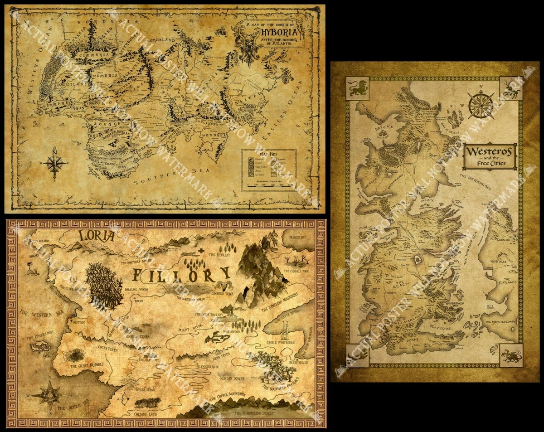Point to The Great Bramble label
click(87, 364)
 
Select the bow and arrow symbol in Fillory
click(124, 398)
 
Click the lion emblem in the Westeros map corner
click(357, 89)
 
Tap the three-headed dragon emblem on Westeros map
click(511, 354)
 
